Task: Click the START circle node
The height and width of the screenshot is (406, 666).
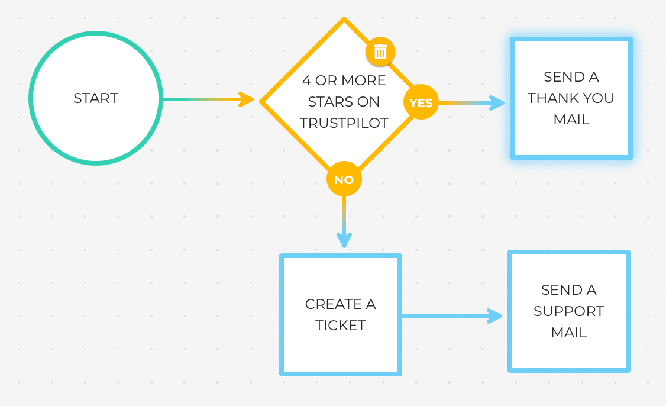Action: coord(95,98)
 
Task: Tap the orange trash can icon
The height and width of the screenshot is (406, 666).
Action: coord(380,52)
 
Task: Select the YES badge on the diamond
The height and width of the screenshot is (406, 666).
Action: coord(421,102)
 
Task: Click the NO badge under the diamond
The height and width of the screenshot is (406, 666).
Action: coord(344,179)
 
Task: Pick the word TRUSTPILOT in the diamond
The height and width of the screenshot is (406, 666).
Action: coord(344,123)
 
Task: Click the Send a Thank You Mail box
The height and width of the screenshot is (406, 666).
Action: coord(571,98)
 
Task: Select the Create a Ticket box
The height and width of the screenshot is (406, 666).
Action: coord(340,315)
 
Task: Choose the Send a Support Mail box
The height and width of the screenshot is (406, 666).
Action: coord(568,311)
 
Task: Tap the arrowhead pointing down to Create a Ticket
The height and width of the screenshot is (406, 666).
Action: coord(344,240)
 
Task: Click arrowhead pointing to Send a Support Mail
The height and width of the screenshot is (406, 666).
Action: coord(494,316)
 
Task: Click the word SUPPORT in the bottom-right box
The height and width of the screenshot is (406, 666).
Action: coord(568,311)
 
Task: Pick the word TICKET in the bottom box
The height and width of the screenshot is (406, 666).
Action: coord(340,326)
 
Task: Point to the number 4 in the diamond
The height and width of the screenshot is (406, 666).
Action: coord(306,80)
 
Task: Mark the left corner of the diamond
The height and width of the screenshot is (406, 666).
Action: coord(262,101)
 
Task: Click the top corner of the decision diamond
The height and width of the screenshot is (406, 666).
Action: coord(344,20)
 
